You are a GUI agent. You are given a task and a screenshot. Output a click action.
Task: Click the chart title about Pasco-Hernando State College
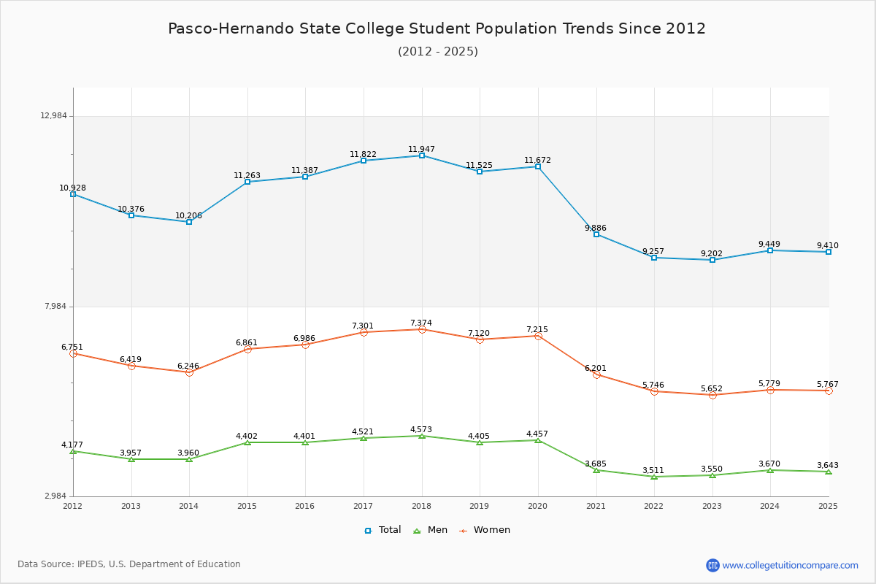437,28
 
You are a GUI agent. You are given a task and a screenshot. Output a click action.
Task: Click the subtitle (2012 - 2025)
438,51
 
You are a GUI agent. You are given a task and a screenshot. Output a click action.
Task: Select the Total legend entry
383,530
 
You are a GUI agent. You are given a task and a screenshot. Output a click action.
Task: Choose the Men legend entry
431,530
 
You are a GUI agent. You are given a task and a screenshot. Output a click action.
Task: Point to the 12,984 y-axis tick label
53,116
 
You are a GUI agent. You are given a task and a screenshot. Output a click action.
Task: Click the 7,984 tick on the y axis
55,307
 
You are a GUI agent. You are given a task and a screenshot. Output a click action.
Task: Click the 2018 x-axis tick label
421,506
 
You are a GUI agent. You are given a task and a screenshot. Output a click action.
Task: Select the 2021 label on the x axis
596,506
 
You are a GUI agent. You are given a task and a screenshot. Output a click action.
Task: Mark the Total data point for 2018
422,155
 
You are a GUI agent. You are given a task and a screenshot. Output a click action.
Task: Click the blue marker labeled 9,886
596,234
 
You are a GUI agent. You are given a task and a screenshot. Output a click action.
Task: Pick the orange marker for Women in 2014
189,372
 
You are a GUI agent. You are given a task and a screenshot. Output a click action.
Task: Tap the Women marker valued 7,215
538,336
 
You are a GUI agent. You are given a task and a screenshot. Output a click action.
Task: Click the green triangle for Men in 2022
654,477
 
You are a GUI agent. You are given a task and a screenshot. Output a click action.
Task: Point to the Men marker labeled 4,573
422,436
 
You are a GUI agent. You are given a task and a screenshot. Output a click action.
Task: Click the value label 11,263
247,175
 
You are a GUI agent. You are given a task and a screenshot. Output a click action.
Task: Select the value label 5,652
712,388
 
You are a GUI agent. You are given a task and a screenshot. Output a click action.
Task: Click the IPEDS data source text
129,564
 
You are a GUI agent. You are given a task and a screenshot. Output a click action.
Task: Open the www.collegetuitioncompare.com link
790,565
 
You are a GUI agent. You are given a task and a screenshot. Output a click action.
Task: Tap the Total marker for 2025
829,252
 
